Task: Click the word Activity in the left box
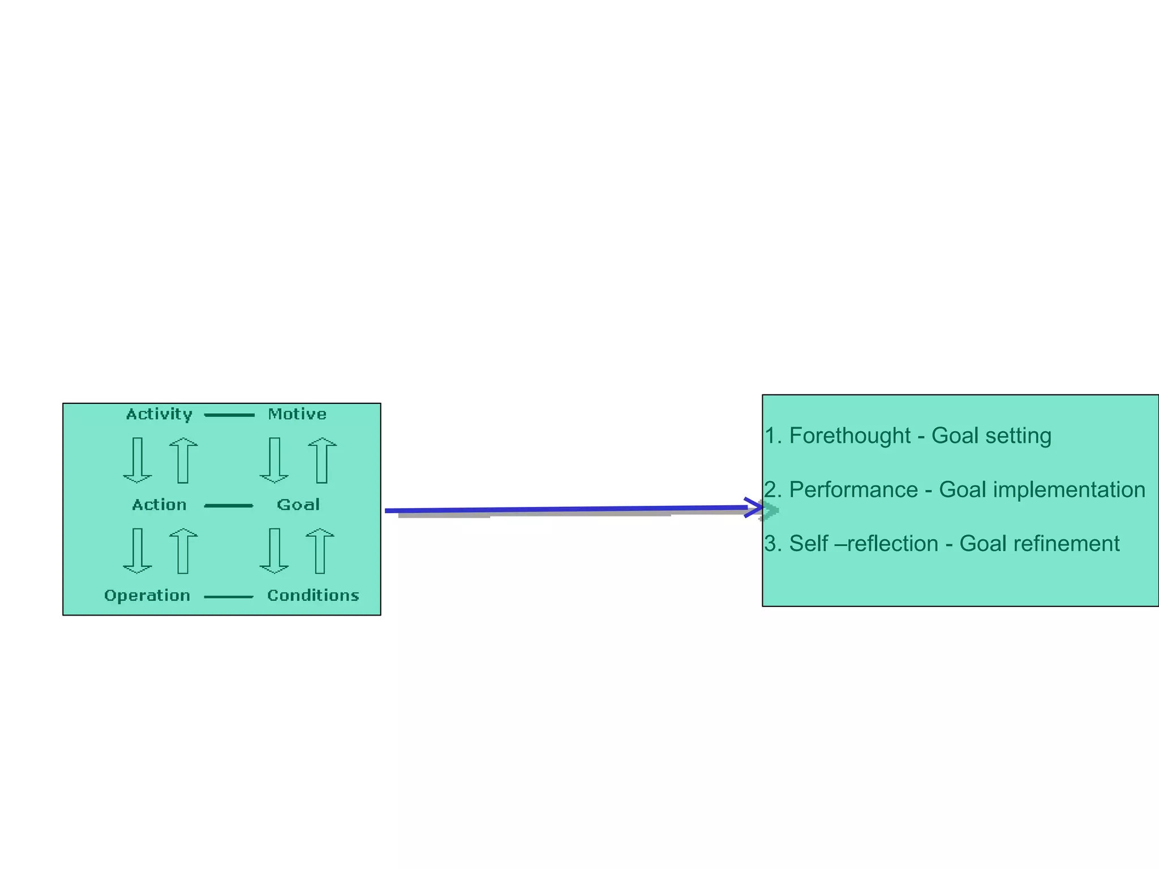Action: click(x=159, y=414)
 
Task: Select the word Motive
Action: click(x=297, y=414)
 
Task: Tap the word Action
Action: click(x=159, y=505)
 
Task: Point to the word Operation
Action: click(x=147, y=595)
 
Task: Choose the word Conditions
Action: click(x=313, y=595)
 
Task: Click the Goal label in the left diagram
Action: click(x=298, y=505)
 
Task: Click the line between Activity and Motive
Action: click(x=229, y=415)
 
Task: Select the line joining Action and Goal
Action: click(x=229, y=506)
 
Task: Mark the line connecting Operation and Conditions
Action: click(x=229, y=597)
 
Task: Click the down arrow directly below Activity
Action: click(x=138, y=460)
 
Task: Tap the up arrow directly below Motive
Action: click(x=322, y=460)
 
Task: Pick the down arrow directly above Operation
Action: click(x=138, y=550)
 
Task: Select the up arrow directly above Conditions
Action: click(x=320, y=550)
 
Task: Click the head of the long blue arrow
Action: click(x=755, y=507)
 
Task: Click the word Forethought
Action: click(x=849, y=436)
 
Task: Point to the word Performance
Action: click(x=853, y=490)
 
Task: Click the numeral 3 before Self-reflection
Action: click(x=770, y=544)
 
